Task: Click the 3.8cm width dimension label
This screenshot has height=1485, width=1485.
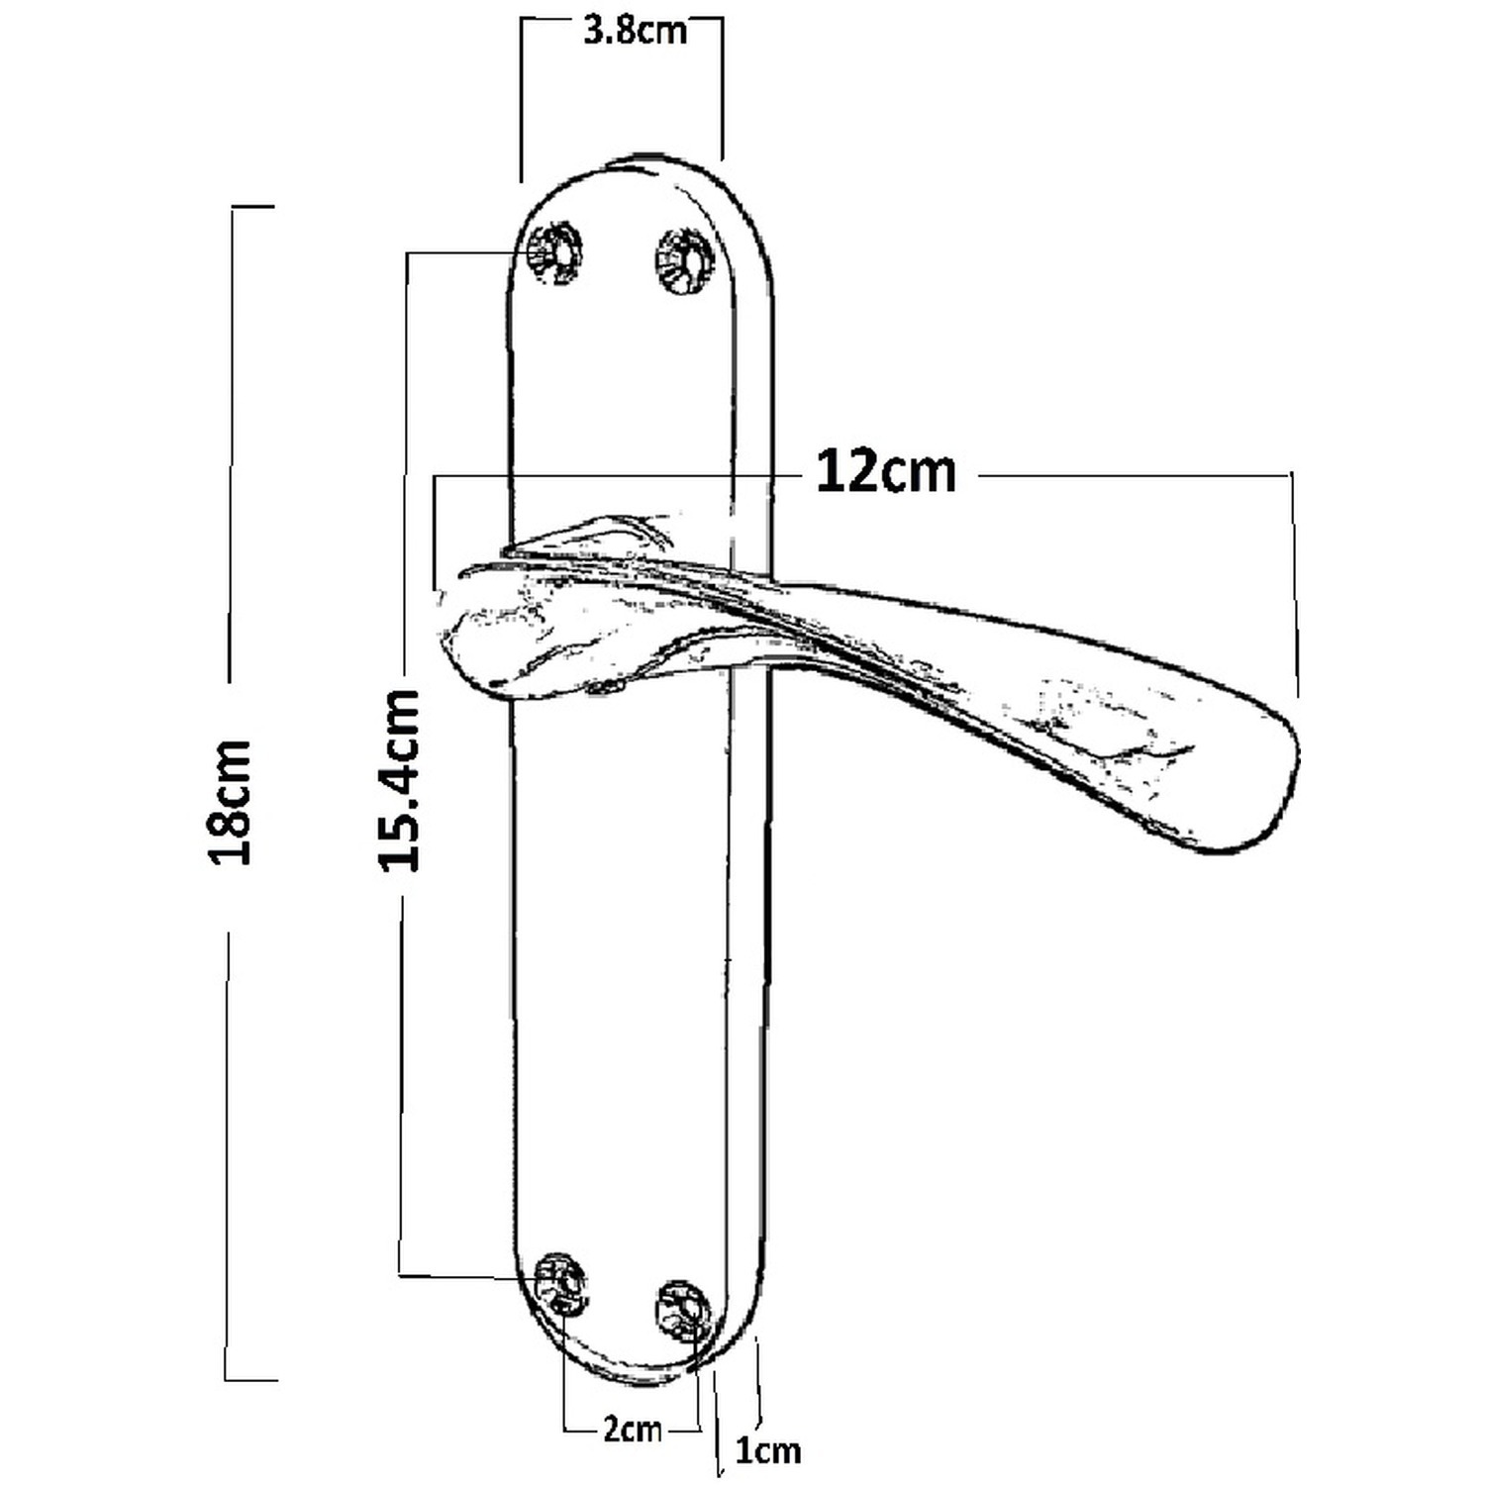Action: tap(634, 31)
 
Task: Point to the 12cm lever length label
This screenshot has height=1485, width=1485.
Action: tap(885, 471)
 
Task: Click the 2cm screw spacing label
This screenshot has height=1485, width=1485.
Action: tap(633, 1429)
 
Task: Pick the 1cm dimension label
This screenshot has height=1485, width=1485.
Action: tap(768, 1451)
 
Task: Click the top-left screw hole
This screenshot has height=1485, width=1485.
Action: tap(553, 252)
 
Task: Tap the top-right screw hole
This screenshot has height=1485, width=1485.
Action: tap(684, 260)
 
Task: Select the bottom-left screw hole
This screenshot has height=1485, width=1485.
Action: tap(559, 1283)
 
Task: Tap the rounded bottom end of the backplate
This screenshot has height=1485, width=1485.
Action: tap(634, 1378)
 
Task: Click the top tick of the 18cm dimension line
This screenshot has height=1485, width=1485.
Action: tap(251, 207)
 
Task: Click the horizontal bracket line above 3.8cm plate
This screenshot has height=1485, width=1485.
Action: tap(622, 18)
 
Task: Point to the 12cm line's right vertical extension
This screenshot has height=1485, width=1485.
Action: tap(1294, 586)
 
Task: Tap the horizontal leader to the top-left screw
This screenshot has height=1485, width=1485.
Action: tap(465, 253)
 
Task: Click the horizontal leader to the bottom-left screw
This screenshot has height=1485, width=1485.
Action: tap(465, 1275)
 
